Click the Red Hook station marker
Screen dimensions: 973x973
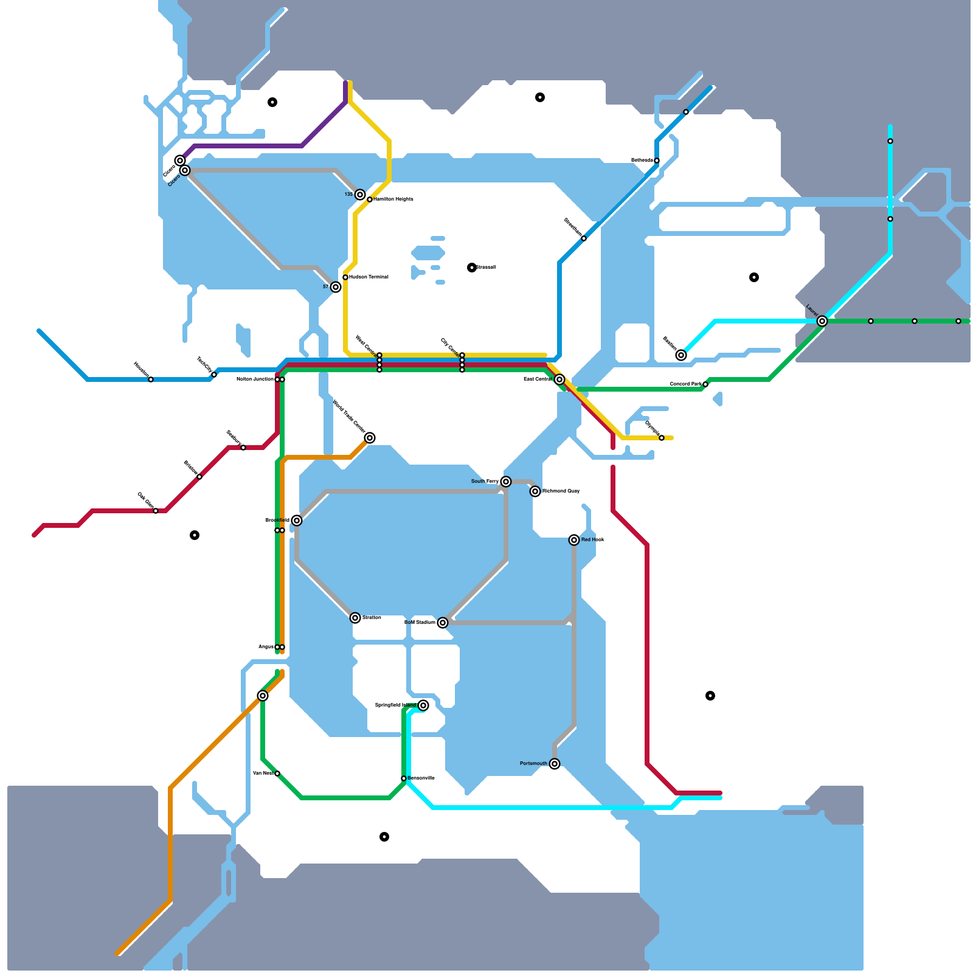pyautogui.click(x=574, y=540)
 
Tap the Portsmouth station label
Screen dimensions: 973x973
pyautogui.click(x=533, y=764)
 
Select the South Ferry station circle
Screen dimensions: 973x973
pyautogui.click(x=506, y=482)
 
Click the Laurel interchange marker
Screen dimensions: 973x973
pyautogui.click(x=822, y=321)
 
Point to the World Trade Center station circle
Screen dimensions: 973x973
pyautogui.click(x=370, y=438)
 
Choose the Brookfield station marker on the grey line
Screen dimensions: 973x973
pyautogui.click(x=297, y=521)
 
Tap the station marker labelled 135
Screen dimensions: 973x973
pyautogui.click(x=360, y=195)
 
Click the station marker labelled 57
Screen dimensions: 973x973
pyautogui.click(x=336, y=287)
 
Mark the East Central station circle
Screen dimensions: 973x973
pyautogui.click(x=559, y=379)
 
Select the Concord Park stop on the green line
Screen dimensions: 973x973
pyautogui.click(x=705, y=384)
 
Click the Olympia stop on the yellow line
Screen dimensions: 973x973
pyautogui.click(x=662, y=438)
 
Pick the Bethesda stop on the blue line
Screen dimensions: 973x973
pyautogui.click(x=657, y=161)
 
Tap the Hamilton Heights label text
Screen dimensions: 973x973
pyautogui.click(x=393, y=199)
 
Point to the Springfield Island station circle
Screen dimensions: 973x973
pyautogui.click(x=423, y=705)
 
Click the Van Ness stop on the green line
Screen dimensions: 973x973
pyautogui.click(x=277, y=774)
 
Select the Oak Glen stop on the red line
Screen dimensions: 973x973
pyautogui.click(x=156, y=511)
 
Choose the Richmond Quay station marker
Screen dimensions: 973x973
pyautogui.click(x=535, y=491)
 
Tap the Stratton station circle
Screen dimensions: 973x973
pyautogui.click(x=355, y=618)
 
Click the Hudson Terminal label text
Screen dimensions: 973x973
pyautogui.click(x=369, y=277)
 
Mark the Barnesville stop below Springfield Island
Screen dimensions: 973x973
pyautogui.click(x=404, y=778)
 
